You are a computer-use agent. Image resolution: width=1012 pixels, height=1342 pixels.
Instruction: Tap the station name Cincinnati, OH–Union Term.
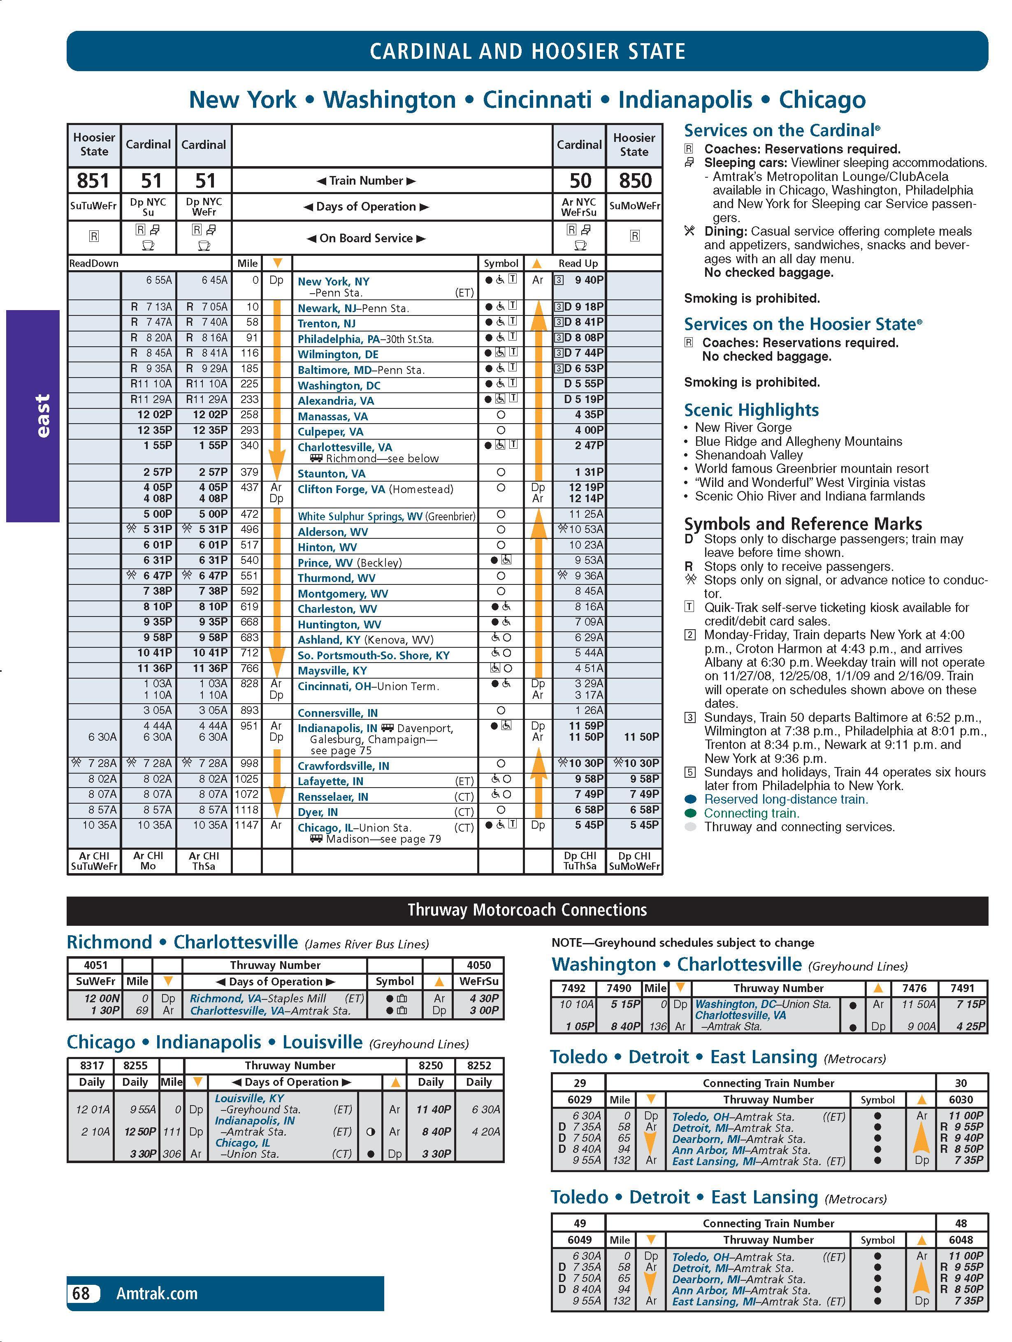(368, 686)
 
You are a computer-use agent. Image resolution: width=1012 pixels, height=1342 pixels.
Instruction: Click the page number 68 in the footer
(81, 1293)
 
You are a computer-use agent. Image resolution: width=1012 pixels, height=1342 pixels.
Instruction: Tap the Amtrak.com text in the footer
(157, 1293)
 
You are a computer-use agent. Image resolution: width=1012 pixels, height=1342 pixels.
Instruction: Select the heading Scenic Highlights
(751, 410)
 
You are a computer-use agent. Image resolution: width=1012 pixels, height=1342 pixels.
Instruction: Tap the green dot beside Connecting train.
(690, 814)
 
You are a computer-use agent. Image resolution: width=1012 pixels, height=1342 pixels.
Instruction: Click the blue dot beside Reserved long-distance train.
(690, 800)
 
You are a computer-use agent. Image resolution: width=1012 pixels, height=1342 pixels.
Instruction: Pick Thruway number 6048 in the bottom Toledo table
(961, 1240)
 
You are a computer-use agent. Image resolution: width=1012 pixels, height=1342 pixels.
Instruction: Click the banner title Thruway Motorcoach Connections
(527, 910)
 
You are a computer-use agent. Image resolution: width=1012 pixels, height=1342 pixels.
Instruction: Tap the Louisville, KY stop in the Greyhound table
(249, 1098)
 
